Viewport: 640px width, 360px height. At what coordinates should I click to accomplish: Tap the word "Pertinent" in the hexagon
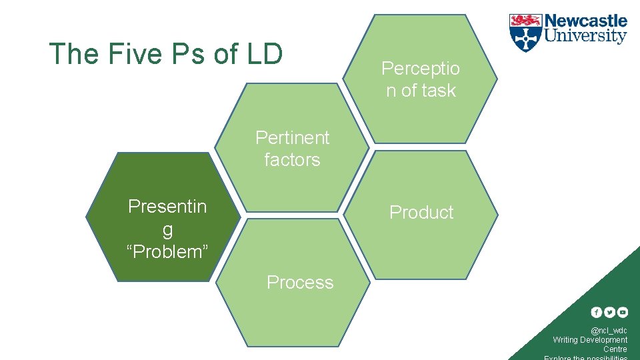coord(293,138)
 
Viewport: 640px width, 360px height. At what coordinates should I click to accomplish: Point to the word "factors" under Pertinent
coord(292,160)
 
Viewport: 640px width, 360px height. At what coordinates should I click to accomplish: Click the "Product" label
coord(421,213)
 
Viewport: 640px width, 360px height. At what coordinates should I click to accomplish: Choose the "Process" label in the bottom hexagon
coord(300,283)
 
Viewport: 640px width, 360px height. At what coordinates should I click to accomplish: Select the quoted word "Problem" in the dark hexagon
coord(167,252)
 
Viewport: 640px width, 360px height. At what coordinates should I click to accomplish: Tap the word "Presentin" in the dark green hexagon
coord(167,207)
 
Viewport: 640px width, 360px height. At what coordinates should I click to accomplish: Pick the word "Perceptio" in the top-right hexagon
coord(421,68)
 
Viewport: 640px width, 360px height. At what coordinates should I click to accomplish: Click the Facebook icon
coord(597,312)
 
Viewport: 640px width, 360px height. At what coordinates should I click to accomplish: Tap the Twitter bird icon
coord(609,312)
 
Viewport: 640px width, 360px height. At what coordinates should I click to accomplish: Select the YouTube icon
coord(622,312)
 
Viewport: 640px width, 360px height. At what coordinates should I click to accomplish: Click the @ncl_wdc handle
coord(609,331)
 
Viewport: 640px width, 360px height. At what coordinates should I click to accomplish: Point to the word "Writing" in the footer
coord(565,340)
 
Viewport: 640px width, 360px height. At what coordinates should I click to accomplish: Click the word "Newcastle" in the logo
coord(586,21)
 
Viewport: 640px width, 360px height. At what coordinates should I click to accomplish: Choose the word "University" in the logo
coord(586,36)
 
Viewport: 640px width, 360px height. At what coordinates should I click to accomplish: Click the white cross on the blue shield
coord(526,39)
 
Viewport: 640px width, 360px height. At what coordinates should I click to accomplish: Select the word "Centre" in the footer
coord(615,349)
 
